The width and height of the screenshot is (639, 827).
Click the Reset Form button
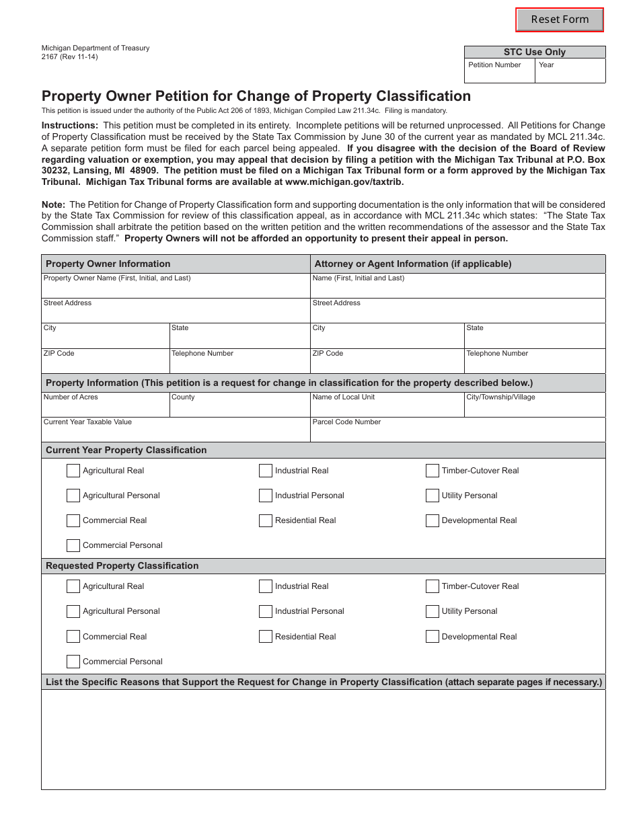(560, 19)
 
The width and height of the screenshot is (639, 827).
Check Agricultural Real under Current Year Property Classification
(73, 471)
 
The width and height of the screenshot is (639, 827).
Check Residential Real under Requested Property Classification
(266, 636)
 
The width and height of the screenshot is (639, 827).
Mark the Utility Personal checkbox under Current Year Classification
(433, 496)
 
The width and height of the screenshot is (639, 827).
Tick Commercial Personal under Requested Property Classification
(73, 661)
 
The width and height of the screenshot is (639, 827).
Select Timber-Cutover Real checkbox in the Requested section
(433, 586)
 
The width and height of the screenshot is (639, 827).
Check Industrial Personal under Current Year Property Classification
(266, 496)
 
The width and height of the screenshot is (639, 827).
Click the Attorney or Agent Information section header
(413, 264)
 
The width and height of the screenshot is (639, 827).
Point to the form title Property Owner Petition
(256, 96)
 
